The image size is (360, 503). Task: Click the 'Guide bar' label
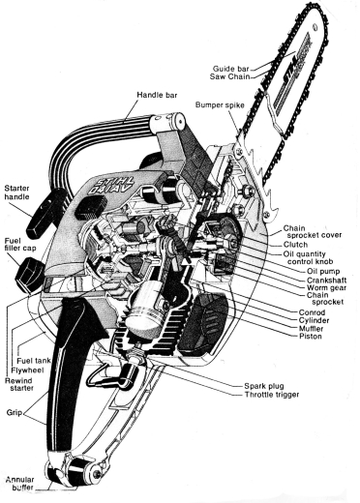click(230, 69)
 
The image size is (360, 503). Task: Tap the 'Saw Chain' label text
click(229, 76)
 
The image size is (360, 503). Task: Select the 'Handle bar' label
click(157, 95)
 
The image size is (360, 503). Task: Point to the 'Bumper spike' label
click(220, 104)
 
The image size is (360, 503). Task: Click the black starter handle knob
click(47, 213)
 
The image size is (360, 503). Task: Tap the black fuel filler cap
click(30, 275)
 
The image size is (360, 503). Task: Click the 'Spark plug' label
click(264, 386)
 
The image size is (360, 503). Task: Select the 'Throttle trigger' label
click(272, 395)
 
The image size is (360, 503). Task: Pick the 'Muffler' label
click(311, 329)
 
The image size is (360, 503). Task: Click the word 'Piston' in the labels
click(311, 337)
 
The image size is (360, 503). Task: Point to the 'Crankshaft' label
click(326, 280)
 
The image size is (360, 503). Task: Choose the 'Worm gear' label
click(326, 287)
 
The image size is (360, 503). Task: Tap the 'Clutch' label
click(295, 245)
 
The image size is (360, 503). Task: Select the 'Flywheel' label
click(27, 370)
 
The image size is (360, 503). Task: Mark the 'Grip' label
click(14, 412)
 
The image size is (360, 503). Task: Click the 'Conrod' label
click(312, 312)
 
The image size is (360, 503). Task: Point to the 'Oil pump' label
click(323, 271)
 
